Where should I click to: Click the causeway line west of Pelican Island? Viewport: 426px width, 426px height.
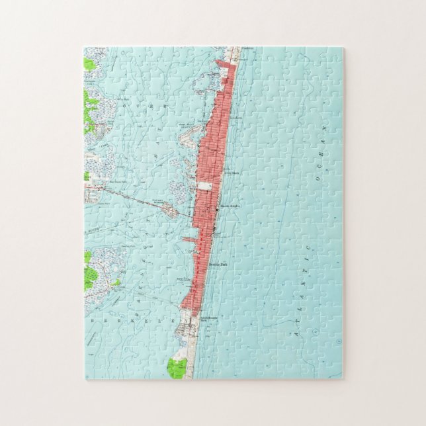pyautogui.click(x=132, y=199)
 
